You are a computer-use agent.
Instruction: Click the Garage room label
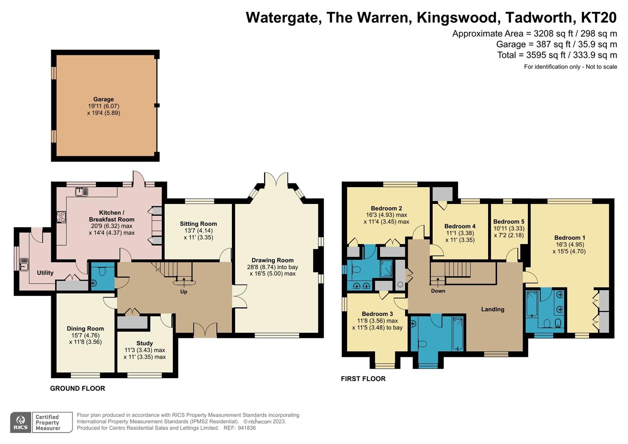click(x=103, y=99)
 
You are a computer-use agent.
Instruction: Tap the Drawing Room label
click(x=272, y=260)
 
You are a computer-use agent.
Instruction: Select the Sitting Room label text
click(x=198, y=224)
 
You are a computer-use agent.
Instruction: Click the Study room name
click(x=144, y=343)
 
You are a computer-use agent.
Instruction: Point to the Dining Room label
click(x=85, y=328)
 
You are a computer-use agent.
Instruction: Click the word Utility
click(x=45, y=273)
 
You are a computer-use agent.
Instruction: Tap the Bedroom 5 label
click(x=509, y=222)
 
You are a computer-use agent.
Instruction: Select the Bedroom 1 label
click(x=570, y=238)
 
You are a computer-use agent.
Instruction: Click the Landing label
click(x=493, y=309)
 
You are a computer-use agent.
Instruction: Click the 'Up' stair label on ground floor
click(x=183, y=291)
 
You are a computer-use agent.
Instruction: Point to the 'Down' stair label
click(x=438, y=291)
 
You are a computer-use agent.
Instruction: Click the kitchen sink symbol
click(x=82, y=192)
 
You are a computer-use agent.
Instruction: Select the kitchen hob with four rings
click(x=61, y=217)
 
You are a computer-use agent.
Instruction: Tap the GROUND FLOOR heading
click(x=77, y=388)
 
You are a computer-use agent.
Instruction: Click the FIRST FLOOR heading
click(x=363, y=379)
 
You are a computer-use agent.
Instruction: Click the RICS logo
click(x=21, y=422)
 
